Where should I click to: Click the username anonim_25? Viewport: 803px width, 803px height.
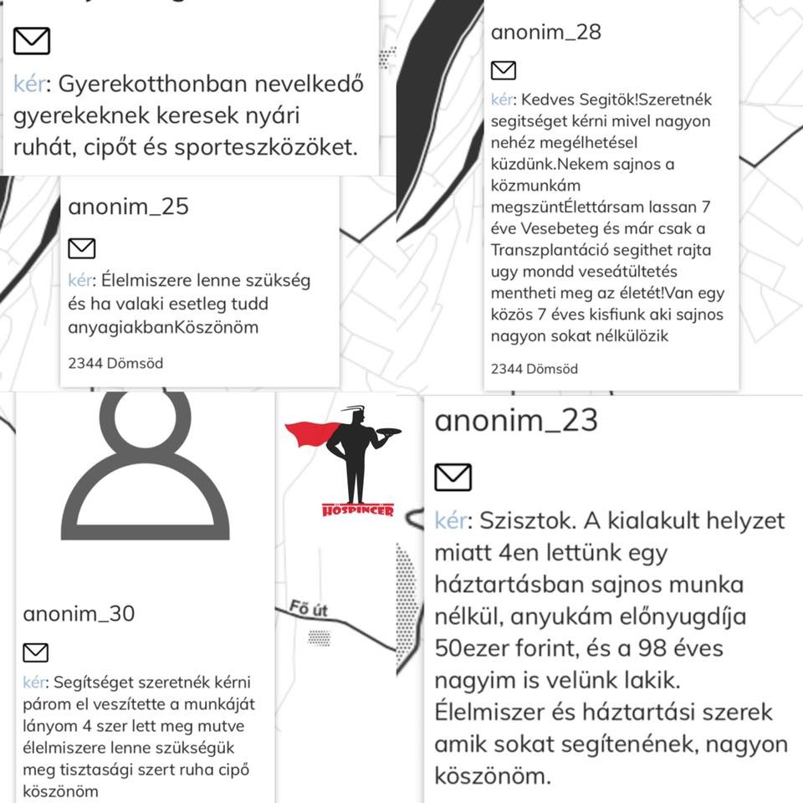click(x=128, y=206)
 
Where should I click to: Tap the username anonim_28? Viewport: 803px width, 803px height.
click(x=545, y=33)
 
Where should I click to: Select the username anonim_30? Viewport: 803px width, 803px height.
click(x=79, y=615)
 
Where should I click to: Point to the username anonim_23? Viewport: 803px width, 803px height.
click(x=516, y=420)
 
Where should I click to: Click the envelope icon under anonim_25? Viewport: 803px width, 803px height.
click(x=81, y=248)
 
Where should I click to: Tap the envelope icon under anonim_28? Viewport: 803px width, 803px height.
click(x=503, y=70)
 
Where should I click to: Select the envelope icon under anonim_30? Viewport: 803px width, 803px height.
click(x=35, y=652)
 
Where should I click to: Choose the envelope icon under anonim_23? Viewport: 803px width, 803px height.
click(x=453, y=477)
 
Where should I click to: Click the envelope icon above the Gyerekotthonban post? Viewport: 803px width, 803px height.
click(x=32, y=40)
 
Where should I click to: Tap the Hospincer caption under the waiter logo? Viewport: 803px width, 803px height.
click(x=357, y=509)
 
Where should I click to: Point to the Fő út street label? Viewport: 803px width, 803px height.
click(x=307, y=610)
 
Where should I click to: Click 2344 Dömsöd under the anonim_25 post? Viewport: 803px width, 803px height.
click(x=115, y=363)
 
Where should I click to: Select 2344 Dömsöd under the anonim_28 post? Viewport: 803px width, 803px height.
click(x=534, y=369)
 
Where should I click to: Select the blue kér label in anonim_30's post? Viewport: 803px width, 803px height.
click(x=34, y=683)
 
